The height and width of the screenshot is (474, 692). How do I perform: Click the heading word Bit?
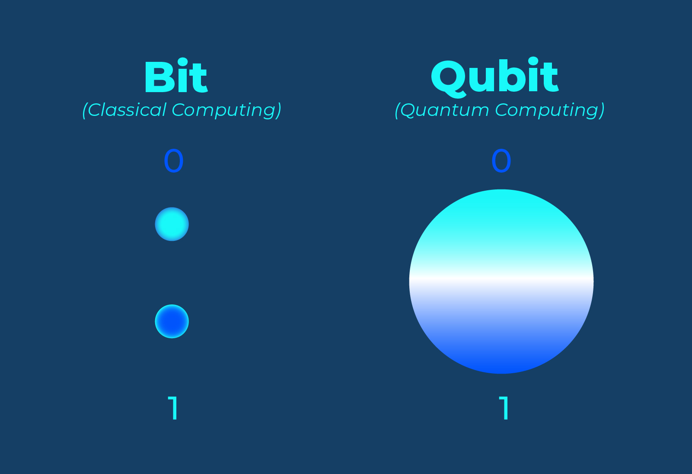coord(175,78)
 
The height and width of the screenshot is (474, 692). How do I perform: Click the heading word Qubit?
coord(494,78)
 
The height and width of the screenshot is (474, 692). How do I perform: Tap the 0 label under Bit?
coord(174,161)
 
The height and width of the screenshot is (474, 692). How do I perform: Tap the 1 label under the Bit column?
coord(173,408)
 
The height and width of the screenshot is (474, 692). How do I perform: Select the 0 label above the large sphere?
coord(501,161)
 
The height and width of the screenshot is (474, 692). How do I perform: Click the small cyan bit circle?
coord(172,224)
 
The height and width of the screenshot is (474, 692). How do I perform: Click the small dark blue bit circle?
coord(172,321)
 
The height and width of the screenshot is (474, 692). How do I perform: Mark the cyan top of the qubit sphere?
coord(501,208)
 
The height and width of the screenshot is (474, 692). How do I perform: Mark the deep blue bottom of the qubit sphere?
coord(501,361)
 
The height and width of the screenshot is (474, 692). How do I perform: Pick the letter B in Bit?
coord(158,78)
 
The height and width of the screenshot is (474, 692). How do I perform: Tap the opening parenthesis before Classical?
coord(85,111)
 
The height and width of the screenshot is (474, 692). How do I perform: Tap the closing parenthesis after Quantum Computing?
coord(602,111)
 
